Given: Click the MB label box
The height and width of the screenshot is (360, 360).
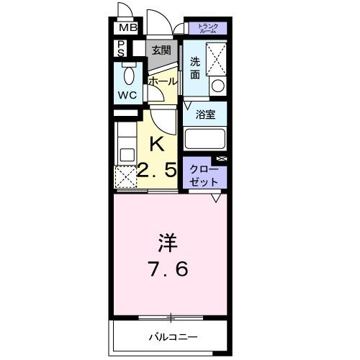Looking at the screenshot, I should pyautogui.click(x=127, y=29).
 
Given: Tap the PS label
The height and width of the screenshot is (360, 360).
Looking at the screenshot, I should pyautogui.click(x=122, y=49).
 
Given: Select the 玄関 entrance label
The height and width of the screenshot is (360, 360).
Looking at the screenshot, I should pyautogui.click(x=161, y=50).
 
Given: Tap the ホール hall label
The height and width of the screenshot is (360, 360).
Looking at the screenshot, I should pyautogui.click(x=162, y=81).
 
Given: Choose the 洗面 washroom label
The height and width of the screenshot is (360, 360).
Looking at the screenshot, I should pyautogui.click(x=195, y=68).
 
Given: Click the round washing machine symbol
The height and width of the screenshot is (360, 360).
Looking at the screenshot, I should pyautogui.click(x=217, y=86).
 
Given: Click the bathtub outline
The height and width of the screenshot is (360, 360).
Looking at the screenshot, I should pyautogui.click(x=206, y=138).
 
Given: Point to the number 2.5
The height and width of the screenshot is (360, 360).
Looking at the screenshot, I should pyautogui.click(x=158, y=172).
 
